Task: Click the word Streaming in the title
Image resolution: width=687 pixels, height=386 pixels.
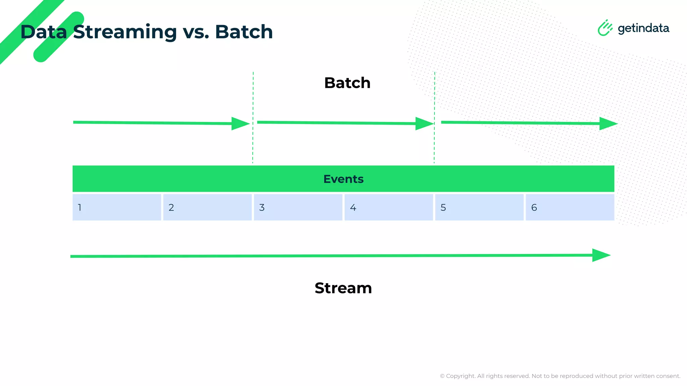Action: (125, 32)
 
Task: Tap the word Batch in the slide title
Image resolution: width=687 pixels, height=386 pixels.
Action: (244, 32)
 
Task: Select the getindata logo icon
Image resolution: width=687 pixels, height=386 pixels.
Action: (605, 28)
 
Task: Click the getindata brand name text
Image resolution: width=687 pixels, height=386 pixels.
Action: (643, 28)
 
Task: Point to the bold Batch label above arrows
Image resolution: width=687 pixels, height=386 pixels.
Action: (347, 83)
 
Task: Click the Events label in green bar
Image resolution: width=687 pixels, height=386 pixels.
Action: (343, 179)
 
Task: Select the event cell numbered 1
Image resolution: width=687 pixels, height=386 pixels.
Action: (117, 207)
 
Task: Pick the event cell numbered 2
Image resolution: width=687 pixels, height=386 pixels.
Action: (207, 207)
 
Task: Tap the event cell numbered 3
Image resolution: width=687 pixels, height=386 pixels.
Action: (298, 207)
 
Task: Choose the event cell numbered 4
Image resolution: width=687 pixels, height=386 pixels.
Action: (388, 207)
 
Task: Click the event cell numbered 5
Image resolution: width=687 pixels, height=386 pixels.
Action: (479, 207)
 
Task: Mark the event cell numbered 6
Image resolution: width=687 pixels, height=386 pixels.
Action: (570, 207)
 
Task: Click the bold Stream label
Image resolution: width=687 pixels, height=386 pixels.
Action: (343, 288)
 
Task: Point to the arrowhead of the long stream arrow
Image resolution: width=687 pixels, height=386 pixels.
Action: (600, 255)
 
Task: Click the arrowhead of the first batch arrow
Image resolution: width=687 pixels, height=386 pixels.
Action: (240, 124)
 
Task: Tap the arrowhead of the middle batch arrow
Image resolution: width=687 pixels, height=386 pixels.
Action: (423, 124)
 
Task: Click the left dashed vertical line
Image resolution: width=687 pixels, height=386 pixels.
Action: (253, 117)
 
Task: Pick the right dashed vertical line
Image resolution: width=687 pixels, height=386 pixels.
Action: (434, 117)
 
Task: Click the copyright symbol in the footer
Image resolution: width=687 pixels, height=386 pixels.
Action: (442, 376)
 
